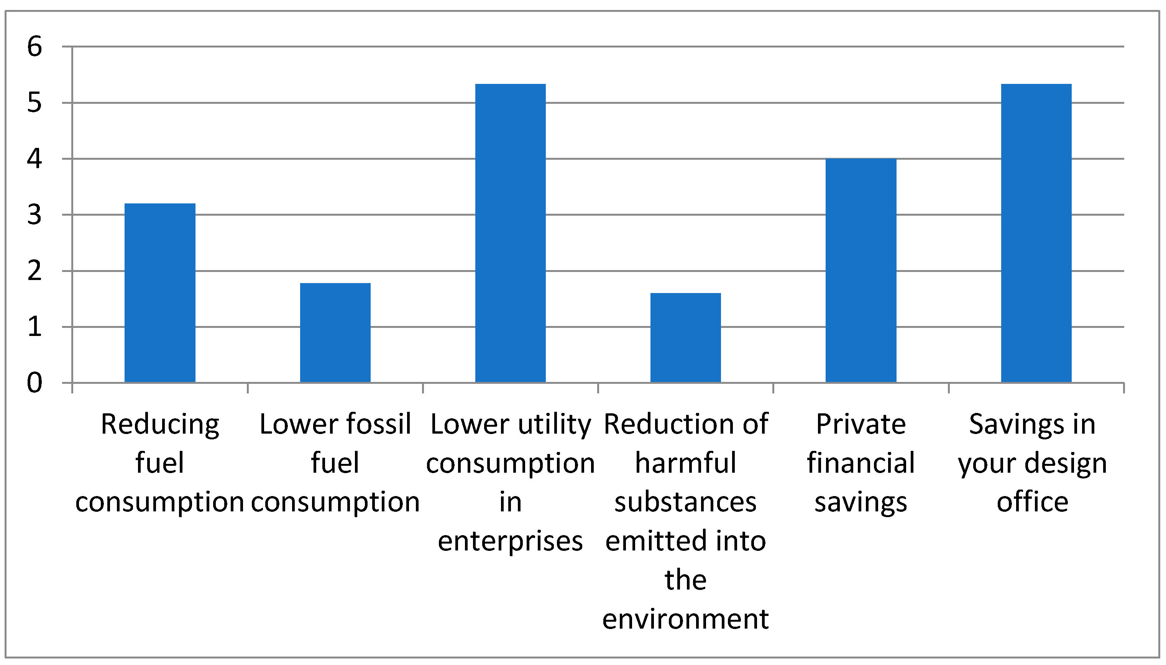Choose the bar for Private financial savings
pyautogui.click(x=861, y=270)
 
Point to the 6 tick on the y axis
pyautogui.click(x=35, y=47)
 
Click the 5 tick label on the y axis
pyautogui.click(x=35, y=103)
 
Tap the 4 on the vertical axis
pyautogui.click(x=35, y=159)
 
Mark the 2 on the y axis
pyautogui.click(x=35, y=271)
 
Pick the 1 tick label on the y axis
pyautogui.click(x=35, y=327)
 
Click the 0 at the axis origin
pyautogui.click(x=35, y=383)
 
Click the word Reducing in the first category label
pyautogui.click(x=160, y=425)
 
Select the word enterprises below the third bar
pyautogui.click(x=510, y=542)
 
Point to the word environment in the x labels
pyautogui.click(x=685, y=620)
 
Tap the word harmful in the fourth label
pyautogui.click(x=685, y=463)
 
